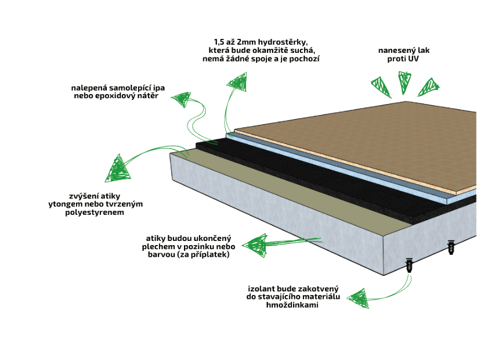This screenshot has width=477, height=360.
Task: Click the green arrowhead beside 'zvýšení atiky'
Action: pos(118,168)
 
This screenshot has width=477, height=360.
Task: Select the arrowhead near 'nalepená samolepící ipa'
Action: pos(183,99)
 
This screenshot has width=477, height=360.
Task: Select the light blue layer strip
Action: pos(348,168)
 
